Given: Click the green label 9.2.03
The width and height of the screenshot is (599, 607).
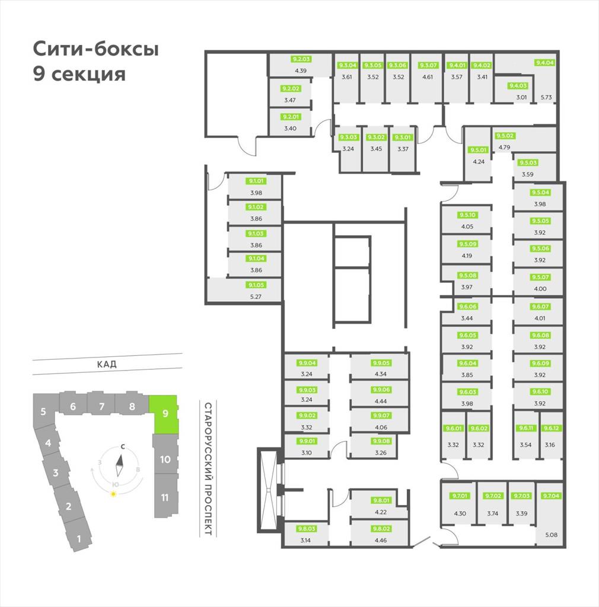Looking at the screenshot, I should pyautogui.click(x=301, y=59).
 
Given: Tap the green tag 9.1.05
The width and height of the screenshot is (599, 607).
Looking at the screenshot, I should pyautogui.click(x=256, y=285).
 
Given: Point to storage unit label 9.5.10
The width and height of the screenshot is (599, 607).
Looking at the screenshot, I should pyautogui.click(x=467, y=215).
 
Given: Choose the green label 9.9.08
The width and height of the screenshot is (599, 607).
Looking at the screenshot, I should pyautogui.click(x=381, y=441).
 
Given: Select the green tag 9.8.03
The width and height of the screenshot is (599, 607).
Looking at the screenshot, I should pyautogui.click(x=306, y=529).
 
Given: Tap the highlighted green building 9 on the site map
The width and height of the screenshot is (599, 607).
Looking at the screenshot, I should pyautogui.click(x=164, y=413).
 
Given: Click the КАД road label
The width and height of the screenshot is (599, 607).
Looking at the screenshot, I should pyautogui.click(x=107, y=365).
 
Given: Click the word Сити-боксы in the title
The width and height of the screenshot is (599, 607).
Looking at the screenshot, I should pyautogui.click(x=95, y=49).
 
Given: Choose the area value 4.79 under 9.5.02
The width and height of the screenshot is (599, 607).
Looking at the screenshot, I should pyautogui.click(x=505, y=146).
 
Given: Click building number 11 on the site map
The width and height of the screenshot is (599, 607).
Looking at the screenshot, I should pyautogui.click(x=165, y=497).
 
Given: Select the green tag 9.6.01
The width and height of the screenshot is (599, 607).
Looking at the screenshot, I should pyautogui.click(x=453, y=428).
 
